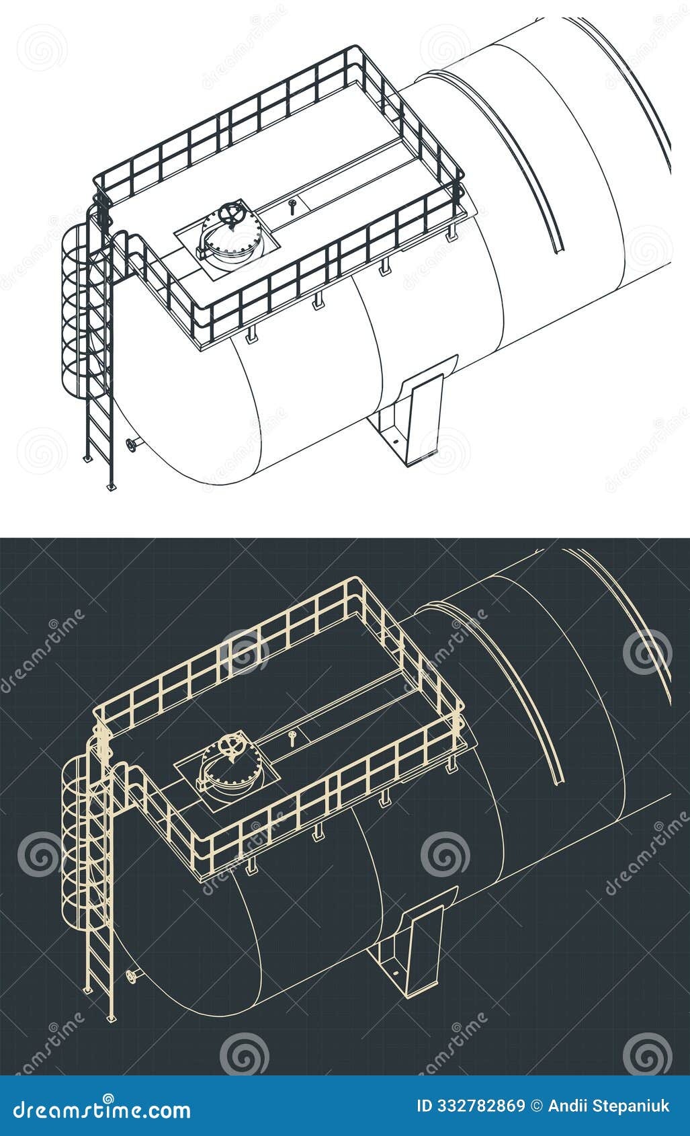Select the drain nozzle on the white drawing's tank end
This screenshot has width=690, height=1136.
131,444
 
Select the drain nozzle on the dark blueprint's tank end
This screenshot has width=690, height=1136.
131,975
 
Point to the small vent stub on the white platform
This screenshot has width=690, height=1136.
292,204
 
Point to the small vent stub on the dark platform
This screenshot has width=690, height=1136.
292,736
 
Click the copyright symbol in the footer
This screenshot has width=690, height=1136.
536,1106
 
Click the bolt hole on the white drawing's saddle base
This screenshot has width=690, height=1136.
395,441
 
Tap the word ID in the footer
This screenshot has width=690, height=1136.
425,1106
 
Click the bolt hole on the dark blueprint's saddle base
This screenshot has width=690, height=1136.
395,972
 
